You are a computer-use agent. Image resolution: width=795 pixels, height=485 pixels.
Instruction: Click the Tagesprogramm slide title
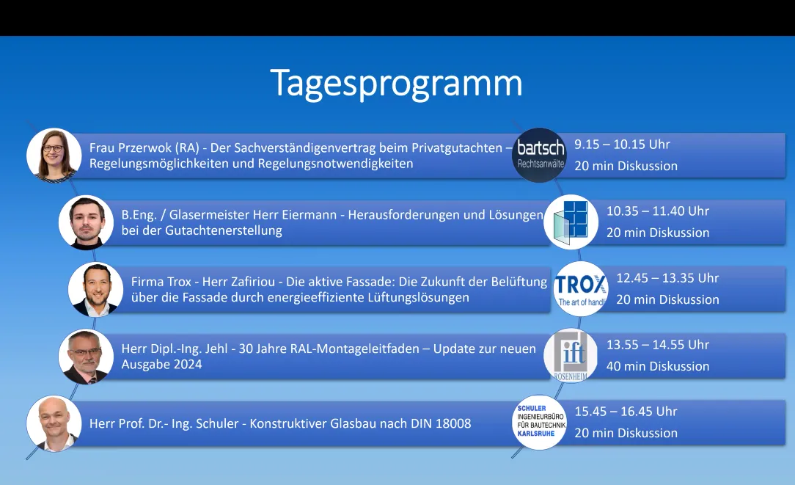(396, 84)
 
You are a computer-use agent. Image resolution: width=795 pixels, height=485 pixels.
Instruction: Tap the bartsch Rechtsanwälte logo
(540, 155)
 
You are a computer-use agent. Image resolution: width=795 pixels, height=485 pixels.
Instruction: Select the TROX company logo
(581, 288)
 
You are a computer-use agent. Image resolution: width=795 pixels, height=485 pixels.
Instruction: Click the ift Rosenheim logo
(571, 356)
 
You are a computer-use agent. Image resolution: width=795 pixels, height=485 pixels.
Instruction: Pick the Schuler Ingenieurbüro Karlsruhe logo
(540, 422)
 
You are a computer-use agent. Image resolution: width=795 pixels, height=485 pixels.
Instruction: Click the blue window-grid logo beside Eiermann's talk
(571, 222)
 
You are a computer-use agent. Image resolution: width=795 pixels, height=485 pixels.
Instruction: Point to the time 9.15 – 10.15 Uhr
(622, 145)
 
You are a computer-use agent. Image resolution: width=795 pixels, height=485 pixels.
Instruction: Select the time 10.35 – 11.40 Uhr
(658, 211)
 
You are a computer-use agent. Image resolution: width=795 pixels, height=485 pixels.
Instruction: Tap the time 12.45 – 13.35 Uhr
(667, 278)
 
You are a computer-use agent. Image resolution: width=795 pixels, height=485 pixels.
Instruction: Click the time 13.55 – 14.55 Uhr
(658, 345)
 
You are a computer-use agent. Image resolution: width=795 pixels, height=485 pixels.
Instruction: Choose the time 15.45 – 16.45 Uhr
(626, 412)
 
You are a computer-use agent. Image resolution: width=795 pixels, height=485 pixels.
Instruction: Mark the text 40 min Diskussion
(658, 366)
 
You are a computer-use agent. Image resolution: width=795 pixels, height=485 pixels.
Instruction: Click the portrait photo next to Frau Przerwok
(54, 156)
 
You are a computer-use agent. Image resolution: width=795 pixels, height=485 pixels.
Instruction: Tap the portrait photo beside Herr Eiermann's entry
(86, 222)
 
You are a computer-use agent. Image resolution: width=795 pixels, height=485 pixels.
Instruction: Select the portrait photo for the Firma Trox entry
(95, 289)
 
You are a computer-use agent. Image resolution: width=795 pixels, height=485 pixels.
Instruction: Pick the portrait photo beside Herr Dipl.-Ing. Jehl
(86, 356)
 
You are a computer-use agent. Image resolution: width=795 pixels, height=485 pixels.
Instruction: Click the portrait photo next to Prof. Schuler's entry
(54, 423)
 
